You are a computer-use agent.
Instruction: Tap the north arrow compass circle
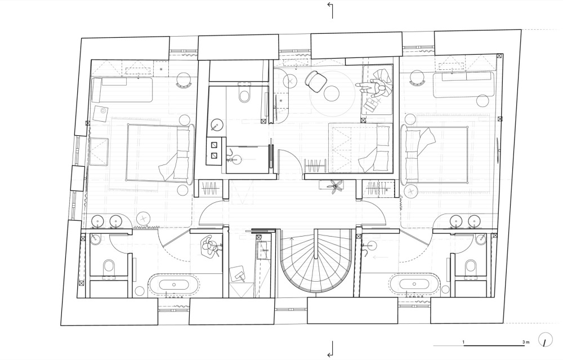point(546,340)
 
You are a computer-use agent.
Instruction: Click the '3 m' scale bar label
point(526,342)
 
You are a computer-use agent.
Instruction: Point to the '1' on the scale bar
point(463,342)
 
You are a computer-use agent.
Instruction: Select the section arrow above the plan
point(330,10)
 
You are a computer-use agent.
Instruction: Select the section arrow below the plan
point(330,349)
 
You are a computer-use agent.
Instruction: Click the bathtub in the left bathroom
point(174,285)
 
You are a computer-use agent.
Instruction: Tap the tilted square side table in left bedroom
point(101,114)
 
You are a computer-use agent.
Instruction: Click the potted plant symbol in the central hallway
point(336,186)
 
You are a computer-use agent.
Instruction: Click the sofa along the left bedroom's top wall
point(122,89)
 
